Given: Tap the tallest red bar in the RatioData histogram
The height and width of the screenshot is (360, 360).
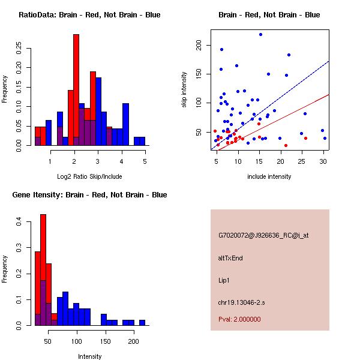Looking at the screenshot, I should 76,90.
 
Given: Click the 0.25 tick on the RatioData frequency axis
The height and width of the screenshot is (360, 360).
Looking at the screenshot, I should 19,49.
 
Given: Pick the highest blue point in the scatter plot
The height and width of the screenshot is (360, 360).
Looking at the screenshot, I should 260,34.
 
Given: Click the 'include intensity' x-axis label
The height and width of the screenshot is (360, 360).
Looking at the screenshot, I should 269,176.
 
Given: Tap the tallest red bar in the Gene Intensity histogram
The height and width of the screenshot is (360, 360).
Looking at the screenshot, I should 43,270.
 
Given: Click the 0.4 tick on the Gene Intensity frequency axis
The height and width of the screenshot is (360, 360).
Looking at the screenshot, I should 19,222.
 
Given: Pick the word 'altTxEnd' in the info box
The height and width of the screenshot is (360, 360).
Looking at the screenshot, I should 231,258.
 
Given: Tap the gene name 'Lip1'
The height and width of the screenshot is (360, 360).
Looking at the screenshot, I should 224,280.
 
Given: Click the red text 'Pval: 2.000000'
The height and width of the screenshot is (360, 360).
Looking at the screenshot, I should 243,320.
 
